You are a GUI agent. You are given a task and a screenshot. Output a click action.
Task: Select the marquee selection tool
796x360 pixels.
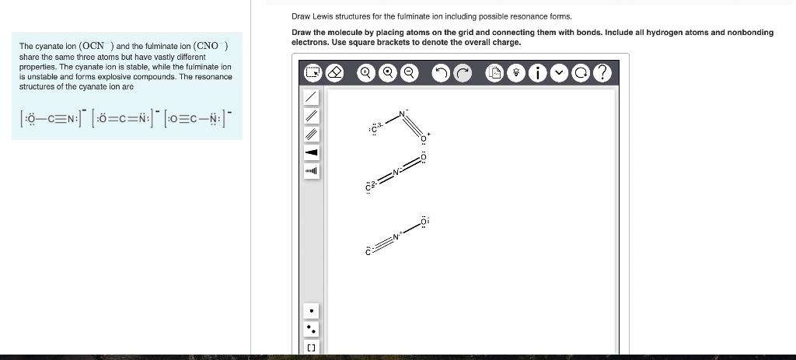click(312, 73)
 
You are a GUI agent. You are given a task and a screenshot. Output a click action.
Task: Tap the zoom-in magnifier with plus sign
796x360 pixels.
click(365, 73)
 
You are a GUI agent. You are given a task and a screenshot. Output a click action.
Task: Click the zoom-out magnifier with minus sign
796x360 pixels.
click(407, 73)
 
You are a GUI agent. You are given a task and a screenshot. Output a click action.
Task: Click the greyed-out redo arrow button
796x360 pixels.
click(463, 73)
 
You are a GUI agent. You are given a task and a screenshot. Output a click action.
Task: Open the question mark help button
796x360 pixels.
click(601, 73)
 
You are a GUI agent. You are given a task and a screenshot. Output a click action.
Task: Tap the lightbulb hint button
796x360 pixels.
click(517, 73)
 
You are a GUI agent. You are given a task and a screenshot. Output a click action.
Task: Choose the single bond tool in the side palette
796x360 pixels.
click(311, 96)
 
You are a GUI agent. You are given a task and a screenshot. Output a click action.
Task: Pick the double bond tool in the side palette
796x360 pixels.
click(311, 115)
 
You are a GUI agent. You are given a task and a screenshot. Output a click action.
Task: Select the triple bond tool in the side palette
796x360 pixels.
click(311, 134)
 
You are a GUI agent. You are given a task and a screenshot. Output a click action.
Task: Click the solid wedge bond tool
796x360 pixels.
click(311, 152)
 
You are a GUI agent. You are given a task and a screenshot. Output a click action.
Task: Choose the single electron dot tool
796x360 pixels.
click(311, 311)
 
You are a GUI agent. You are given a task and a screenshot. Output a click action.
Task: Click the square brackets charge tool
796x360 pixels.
click(311, 348)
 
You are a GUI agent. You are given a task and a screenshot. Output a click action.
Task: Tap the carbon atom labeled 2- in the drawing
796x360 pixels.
click(368, 186)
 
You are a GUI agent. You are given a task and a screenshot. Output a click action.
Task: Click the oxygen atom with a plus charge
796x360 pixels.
click(424, 138)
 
